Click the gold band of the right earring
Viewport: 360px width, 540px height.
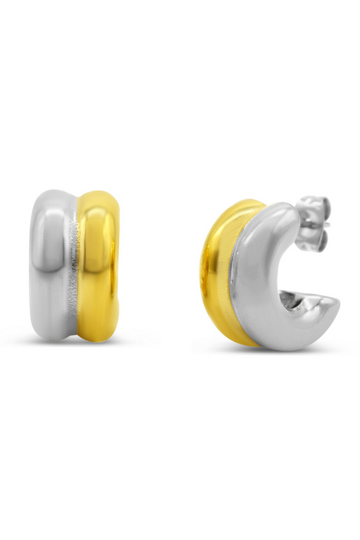click(217, 270)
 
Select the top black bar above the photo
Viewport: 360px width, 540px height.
click(180, 57)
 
